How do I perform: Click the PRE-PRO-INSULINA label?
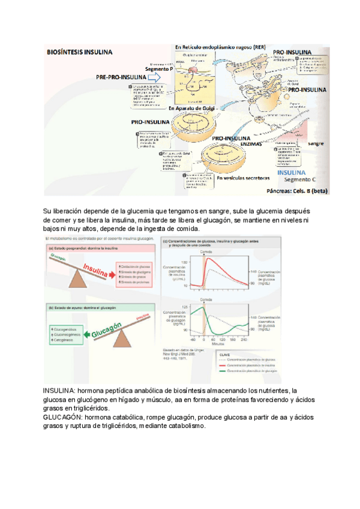(120, 78)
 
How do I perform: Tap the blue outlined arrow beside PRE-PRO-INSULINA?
(155, 77)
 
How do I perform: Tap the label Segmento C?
(298, 179)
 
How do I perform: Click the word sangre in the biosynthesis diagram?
(316, 144)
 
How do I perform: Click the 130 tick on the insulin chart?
(185, 262)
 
